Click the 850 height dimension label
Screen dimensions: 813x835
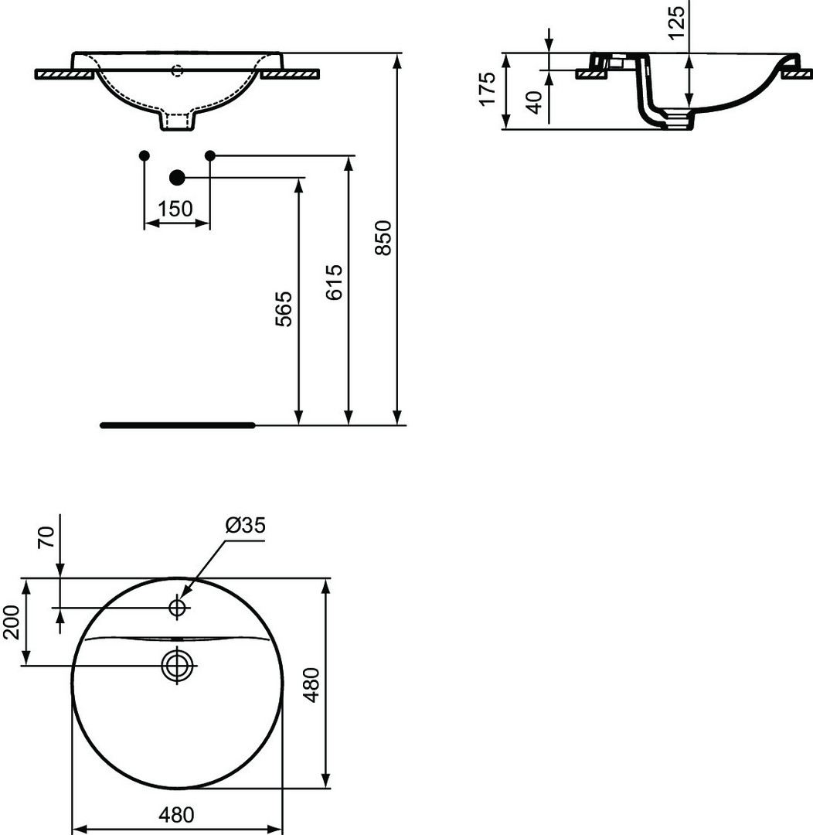[x=383, y=237]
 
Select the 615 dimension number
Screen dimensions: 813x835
[x=335, y=282]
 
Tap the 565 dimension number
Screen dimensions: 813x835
[x=284, y=308]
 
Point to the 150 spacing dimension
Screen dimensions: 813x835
[x=175, y=209]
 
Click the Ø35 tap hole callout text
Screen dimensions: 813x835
[x=245, y=526]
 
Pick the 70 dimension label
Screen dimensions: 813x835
[x=47, y=537]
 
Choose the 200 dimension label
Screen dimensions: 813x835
[x=11, y=622]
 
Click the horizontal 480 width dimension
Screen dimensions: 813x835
[x=176, y=815]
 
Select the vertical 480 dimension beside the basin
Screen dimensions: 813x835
[x=311, y=684]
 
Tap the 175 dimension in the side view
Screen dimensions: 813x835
[x=488, y=89]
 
